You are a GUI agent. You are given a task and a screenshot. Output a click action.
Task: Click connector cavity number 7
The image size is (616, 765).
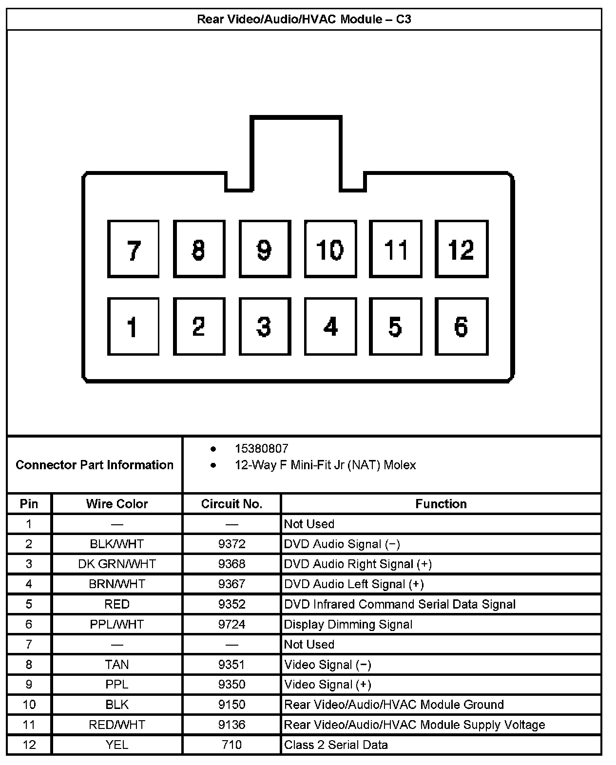133,249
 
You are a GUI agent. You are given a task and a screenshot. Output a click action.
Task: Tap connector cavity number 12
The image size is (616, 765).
461,249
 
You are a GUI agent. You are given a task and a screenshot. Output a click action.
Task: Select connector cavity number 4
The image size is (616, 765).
330,326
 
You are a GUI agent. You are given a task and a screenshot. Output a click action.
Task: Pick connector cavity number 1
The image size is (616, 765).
133,326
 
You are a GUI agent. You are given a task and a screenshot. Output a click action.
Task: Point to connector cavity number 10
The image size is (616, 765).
330,249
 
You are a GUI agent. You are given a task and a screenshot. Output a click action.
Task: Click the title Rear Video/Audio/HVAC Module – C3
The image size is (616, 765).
304,19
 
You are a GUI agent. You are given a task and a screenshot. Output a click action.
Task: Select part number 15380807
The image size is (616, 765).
261,449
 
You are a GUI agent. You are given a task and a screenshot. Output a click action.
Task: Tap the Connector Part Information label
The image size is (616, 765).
95,465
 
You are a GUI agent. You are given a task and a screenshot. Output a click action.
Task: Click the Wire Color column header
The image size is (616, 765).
117,504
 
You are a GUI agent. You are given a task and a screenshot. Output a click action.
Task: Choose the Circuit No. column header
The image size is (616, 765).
231,504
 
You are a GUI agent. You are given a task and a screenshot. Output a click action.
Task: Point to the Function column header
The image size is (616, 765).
441,504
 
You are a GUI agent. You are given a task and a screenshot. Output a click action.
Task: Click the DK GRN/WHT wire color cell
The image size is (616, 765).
117,564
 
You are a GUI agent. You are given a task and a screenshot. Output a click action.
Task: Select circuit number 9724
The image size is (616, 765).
231,624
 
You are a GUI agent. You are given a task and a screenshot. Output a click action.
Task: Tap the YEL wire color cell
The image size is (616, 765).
117,745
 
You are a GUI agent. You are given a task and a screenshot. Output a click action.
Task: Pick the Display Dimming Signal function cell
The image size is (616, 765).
348,624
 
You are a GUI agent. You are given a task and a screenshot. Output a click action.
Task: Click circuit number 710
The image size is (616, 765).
231,745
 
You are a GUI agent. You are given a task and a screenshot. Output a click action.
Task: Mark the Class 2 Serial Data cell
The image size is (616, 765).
336,745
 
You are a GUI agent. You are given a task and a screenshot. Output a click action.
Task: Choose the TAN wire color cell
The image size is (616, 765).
117,665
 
